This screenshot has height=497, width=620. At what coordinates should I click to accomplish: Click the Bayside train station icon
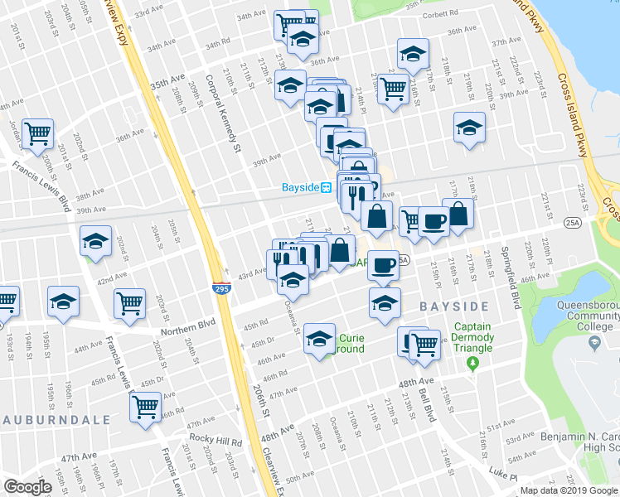327,187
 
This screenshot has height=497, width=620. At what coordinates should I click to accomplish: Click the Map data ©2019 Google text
569,490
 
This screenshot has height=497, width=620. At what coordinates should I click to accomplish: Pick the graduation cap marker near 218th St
469,128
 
